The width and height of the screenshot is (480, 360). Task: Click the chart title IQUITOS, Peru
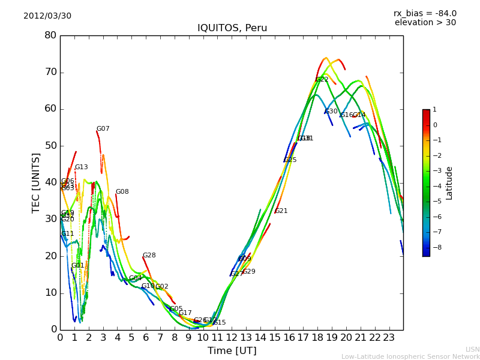click(x=232, y=28)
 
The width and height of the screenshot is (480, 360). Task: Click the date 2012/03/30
click(x=47, y=16)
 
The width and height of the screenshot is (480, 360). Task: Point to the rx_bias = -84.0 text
click(x=425, y=14)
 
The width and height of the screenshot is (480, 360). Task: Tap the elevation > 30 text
click(x=425, y=23)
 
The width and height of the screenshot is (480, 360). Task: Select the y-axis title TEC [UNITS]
click(x=37, y=182)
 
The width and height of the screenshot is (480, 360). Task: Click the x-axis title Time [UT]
click(x=232, y=351)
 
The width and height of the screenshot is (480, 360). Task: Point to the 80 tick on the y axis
click(x=50, y=35)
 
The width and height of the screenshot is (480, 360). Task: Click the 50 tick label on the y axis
click(x=50, y=146)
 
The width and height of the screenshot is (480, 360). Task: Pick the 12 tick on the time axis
click(x=232, y=337)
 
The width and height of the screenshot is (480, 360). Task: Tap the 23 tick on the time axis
click(x=389, y=337)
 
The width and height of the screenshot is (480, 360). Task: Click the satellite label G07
click(x=103, y=129)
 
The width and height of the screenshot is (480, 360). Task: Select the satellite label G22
click(x=322, y=80)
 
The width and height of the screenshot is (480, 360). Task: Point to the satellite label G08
click(x=122, y=192)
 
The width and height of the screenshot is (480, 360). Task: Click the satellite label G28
click(x=149, y=256)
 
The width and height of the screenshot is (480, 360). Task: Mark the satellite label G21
click(x=281, y=211)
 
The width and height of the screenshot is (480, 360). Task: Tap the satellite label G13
click(x=82, y=167)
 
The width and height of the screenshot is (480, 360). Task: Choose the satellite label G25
click(x=290, y=160)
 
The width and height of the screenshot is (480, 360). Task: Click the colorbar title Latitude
click(x=449, y=183)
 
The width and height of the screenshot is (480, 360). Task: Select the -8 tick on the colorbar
click(x=435, y=247)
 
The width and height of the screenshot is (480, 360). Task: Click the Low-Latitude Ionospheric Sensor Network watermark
click(x=410, y=357)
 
